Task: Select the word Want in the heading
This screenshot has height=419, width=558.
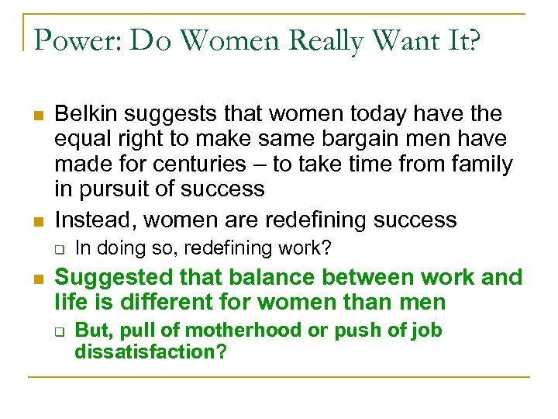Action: [401, 39]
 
